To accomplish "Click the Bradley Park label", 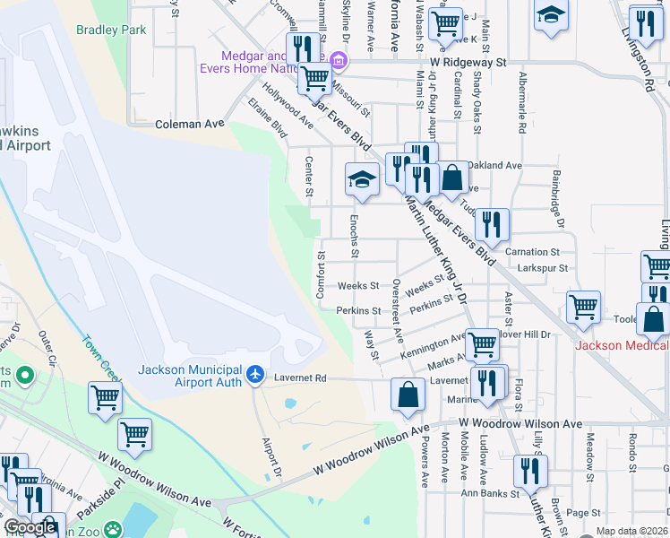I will (111, 30).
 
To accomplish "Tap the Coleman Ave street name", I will (189, 124).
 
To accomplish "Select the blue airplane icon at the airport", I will (256, 372).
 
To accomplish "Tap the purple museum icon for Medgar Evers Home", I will (339, 61).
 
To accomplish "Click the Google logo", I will (30, 527).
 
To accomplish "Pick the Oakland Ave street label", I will (495, 165).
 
